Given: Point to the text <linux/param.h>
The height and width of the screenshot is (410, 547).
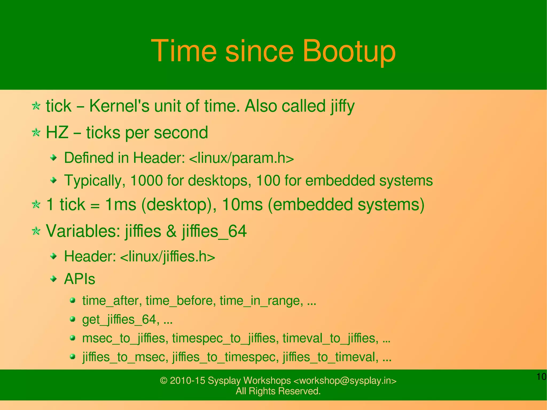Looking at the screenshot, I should (241, 158).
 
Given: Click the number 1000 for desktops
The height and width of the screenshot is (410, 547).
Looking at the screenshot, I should (146, 181).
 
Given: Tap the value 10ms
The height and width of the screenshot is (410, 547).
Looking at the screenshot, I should (242, 205).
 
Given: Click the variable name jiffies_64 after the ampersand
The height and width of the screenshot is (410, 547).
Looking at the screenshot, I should (214, 231).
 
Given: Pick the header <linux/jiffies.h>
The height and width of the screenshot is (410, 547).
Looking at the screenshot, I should (167, 256).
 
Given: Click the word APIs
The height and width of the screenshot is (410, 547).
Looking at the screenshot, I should (80, 279).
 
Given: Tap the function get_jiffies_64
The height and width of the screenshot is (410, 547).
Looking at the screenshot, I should (119, 319).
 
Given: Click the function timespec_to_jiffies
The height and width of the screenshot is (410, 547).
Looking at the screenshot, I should (224, 338).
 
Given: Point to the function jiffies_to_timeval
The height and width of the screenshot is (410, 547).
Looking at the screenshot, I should (330, 357).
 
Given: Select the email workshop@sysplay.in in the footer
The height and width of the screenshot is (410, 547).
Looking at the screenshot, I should (345, 380).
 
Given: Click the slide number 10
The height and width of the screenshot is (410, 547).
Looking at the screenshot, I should (541, 377).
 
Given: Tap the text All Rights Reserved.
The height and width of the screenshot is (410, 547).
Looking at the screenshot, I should (278, 391).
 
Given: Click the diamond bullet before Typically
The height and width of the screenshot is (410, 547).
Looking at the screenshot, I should (54, 181).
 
